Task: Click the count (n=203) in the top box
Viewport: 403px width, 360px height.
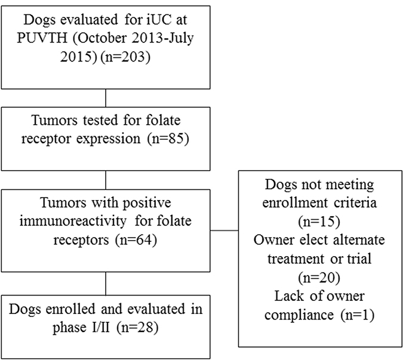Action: [125, 57]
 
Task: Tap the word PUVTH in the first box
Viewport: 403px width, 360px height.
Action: [42, 38]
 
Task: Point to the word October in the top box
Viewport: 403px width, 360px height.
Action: [102, 38]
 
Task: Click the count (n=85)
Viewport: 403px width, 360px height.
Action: [168, 139]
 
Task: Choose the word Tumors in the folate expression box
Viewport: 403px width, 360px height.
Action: [54, 120]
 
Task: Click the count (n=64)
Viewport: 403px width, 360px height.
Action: [136, 240]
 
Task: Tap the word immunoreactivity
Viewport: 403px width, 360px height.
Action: [73, 221]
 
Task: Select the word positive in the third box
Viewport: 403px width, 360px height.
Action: [147, 203]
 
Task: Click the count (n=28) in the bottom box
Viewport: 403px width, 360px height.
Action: [137, 327]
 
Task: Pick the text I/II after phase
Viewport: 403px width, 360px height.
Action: [100, 327]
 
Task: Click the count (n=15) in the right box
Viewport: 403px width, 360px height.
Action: [319, 221]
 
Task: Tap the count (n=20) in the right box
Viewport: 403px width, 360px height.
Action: [319, 278]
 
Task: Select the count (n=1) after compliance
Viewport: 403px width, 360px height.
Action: [358, 315]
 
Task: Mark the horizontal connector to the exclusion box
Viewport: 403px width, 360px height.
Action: [224, 230]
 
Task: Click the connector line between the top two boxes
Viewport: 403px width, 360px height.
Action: [106, 98]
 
